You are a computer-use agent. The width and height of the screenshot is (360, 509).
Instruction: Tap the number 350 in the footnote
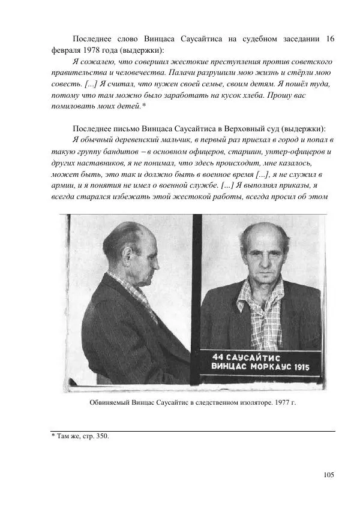[x=101, y=436]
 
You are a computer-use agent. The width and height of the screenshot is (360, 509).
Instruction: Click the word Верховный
[x=239, y=129]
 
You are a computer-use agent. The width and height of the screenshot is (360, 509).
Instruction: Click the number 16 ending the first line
[x=329, y=39]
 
